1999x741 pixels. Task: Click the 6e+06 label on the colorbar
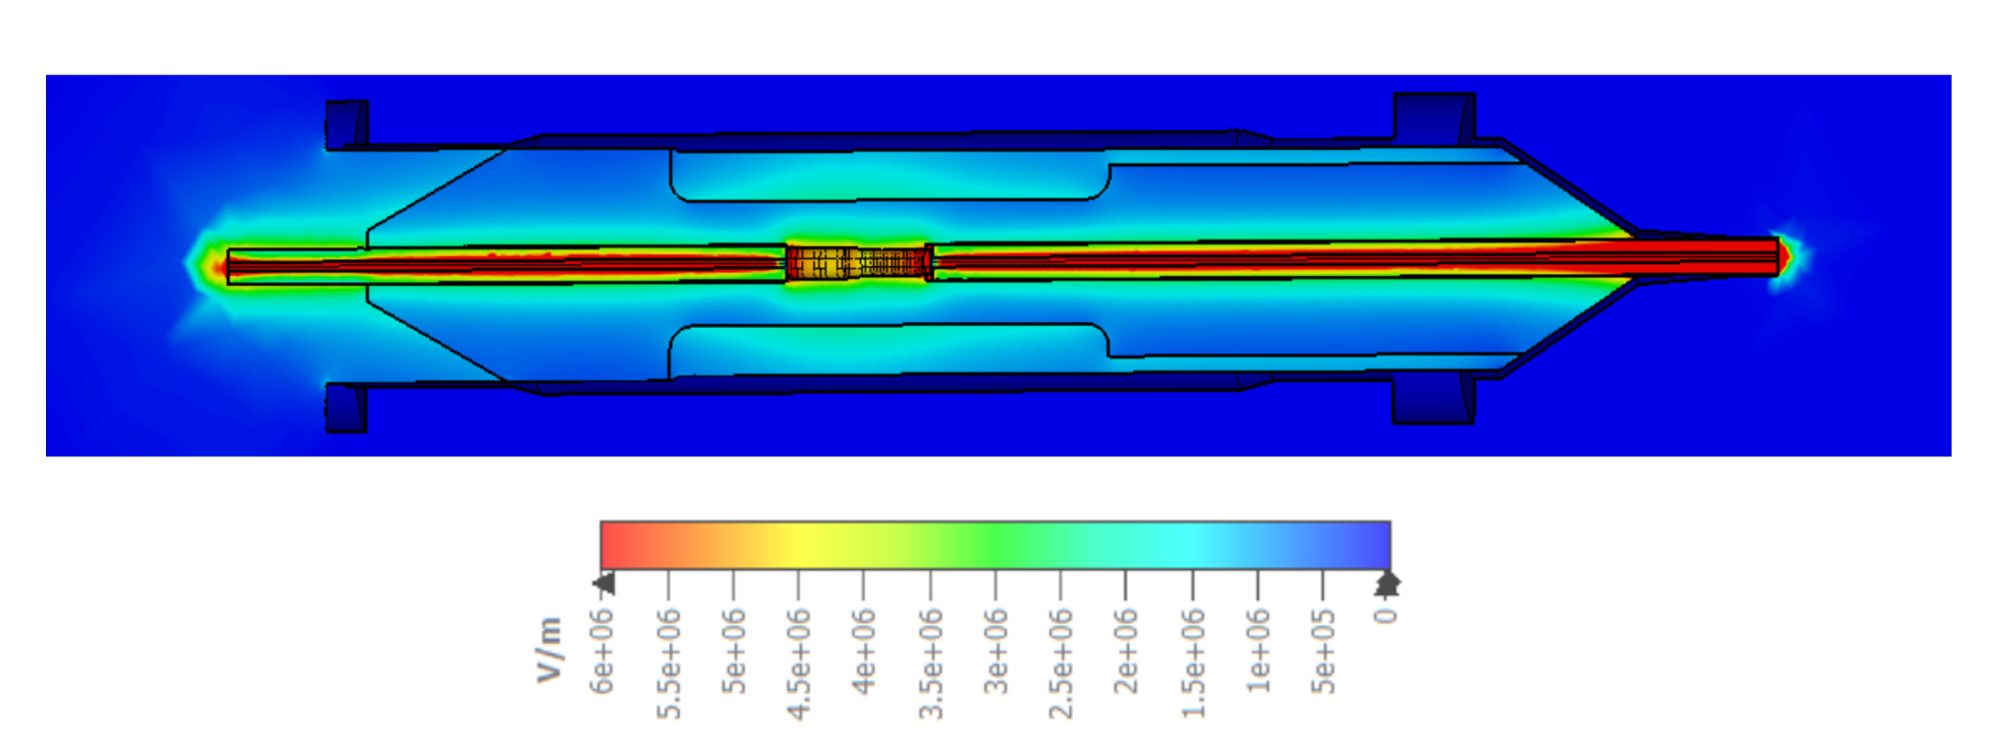tap(602, 652)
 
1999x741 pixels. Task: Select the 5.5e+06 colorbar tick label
tap(668, 663)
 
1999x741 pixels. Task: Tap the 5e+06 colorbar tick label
tap(733, 652)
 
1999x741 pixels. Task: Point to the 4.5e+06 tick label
tap(799, 663)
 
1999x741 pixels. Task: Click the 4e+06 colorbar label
tap(864, 652)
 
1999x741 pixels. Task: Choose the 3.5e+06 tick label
tap(930, 663)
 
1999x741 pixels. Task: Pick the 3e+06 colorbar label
tap(995, 652)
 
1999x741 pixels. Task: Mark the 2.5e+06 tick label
tap(1061, 663)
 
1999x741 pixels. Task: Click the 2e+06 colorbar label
tap(1126, 652)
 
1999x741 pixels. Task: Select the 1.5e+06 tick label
tap(1193, 663)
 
